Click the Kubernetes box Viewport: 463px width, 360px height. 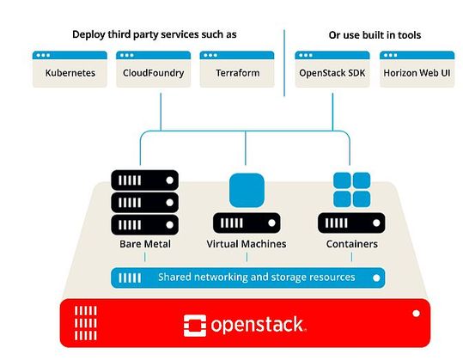(x=70, y=70)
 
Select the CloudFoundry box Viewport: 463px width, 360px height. (x=154, y=70)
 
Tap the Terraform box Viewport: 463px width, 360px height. (x=236, y=70)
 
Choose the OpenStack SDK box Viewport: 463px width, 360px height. (x=332, y=70)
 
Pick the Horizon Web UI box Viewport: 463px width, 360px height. (x=417, y=70)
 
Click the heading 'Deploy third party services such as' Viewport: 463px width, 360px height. (x=154, y=34)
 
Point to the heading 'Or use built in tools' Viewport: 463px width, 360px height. (x=375, y=34)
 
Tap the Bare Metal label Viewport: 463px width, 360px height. (x=145, y=245)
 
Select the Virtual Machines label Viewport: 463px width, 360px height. (x=247, y=245)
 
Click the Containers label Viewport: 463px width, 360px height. (x=351, y=245)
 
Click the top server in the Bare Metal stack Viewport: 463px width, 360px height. (x=145, y=180)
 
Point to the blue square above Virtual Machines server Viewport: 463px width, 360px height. (x=247, y=189)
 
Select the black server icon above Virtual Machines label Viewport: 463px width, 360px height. (x=247, y=223)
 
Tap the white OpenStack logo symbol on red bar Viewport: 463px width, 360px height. (x=197, y=325)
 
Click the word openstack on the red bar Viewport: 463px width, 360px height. (x=258, y=325)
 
